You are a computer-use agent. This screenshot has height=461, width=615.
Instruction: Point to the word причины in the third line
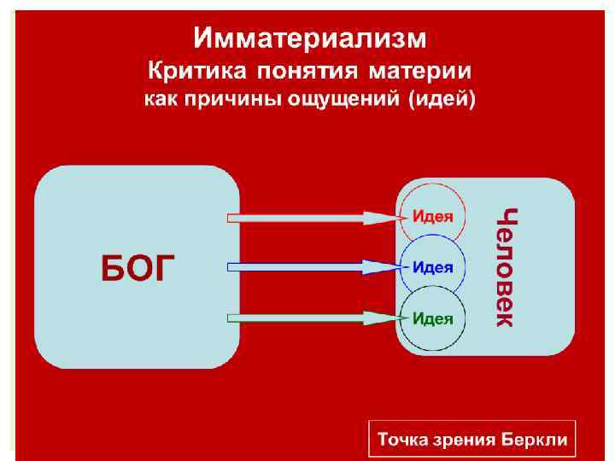(x=221, y=99)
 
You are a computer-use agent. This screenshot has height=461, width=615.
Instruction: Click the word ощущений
(x=343, y=99)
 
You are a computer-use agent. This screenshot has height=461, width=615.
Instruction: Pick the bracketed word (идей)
(x=442, y=99)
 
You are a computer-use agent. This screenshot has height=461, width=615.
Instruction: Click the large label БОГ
(x=139, y=267)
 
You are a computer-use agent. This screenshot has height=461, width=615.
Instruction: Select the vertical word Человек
(x=507, y=267)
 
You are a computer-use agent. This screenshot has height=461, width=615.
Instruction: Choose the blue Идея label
(x=433, y=267)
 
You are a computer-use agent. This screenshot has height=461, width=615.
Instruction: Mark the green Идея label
(x=433, y=318)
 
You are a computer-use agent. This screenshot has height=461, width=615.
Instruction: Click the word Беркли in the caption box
(x=536, y=441)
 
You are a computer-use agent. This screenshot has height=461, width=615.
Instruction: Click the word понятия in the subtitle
(x=311, y=70)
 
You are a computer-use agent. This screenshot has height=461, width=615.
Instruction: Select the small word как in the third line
(x=160, y=99)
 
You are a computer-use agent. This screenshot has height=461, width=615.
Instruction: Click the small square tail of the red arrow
(x=233, y=217)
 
